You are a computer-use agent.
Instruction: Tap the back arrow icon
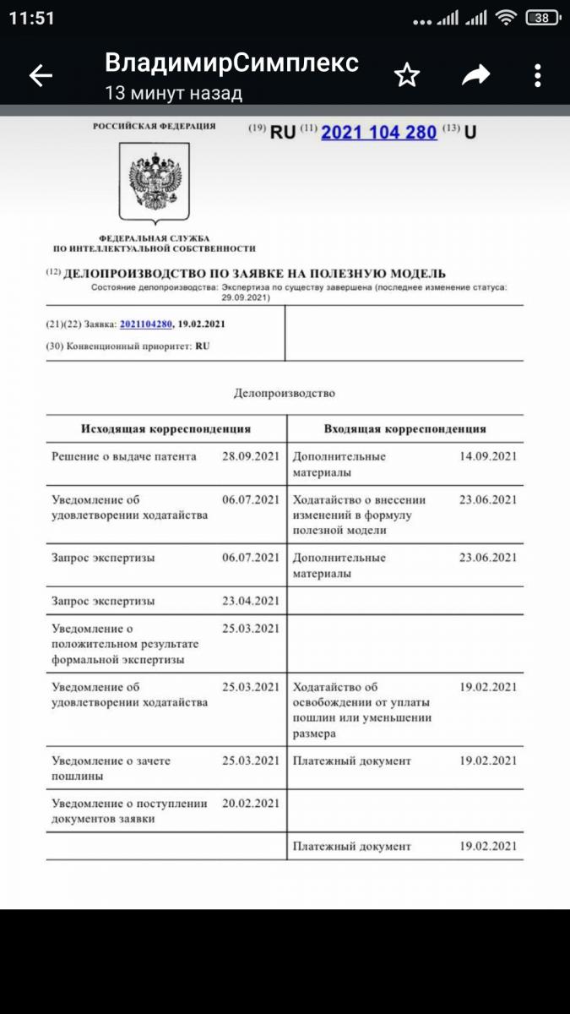41,76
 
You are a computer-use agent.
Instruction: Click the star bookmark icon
407,76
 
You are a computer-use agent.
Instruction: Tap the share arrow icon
476,76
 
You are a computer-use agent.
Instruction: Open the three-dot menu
538,76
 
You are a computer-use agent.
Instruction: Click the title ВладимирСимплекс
231,63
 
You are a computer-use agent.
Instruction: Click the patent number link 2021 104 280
379,132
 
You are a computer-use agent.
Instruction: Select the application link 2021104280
146,324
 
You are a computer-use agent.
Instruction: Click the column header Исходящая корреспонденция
166,428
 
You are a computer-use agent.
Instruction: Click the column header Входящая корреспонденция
404,428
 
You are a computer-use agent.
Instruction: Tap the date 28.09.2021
250,456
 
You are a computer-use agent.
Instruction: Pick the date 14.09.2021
487,456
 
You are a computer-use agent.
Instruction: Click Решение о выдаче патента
124,456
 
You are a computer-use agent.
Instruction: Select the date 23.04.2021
250,601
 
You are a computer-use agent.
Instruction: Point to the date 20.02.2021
250,803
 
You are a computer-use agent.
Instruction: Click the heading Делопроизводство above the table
284,393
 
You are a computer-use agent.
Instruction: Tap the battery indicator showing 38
542,18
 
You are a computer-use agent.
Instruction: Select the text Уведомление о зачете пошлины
111,768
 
